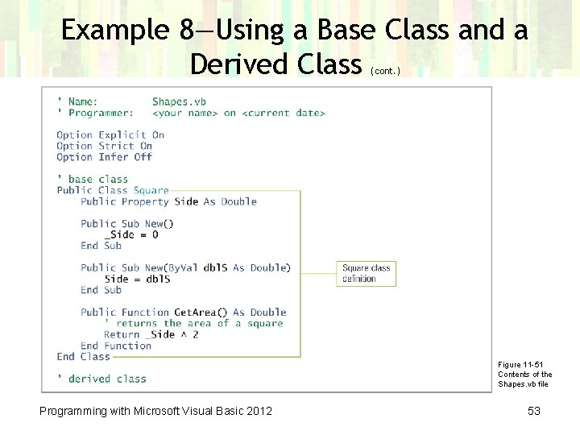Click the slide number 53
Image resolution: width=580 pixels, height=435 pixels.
point(533,412)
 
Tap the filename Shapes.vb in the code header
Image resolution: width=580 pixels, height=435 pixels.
point(179,102)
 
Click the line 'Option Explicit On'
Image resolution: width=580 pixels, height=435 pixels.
point(110,135)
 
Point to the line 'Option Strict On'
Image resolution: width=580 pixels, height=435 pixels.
point(104,147)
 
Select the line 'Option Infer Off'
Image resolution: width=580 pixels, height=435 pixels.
point(104,157)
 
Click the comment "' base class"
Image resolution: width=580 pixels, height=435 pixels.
point(93,179)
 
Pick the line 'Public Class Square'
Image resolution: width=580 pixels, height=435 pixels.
point(113,190)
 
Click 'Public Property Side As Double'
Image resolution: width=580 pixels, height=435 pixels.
point(168,201)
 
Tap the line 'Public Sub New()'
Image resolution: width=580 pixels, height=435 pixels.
point(127,224)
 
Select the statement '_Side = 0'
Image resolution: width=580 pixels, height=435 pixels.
point(131,234)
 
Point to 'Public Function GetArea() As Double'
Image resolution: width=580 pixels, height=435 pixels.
point(184,313)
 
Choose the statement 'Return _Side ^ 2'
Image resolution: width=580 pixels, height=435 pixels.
point(151,334)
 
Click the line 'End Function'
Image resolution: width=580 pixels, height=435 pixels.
point(116,346)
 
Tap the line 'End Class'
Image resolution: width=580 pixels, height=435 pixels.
point(83,356)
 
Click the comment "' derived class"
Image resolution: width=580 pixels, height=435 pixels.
point(101,379)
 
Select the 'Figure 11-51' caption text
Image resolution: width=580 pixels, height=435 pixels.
point(520,365)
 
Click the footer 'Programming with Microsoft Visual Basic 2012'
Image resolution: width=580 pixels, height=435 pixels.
point(155,412)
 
